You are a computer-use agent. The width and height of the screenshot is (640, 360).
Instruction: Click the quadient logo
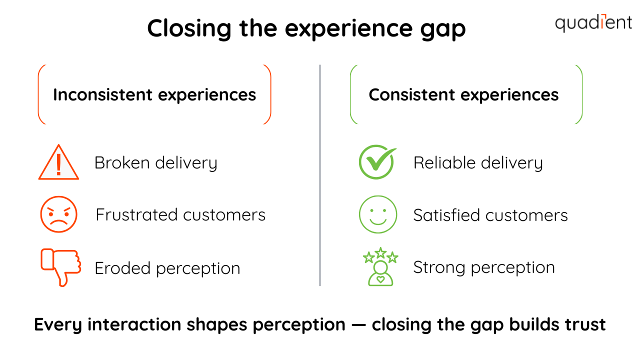coord(593,22)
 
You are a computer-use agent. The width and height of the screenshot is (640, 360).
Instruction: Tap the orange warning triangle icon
coord(58,163)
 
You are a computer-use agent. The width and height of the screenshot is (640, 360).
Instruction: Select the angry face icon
coord(58,214)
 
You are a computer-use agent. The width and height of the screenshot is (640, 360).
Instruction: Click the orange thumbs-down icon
coord(60,267)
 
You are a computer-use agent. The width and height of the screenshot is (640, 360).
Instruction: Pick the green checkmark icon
coord(377,162)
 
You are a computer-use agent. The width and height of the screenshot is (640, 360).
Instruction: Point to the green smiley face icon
coord(378,214)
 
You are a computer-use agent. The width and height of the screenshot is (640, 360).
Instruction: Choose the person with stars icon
coord(380,267)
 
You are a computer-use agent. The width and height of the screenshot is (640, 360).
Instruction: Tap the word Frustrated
coord(136,215)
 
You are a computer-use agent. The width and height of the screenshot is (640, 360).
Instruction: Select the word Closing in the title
coord(189,28)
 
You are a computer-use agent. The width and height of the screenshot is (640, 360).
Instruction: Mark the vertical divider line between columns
coord(320,175)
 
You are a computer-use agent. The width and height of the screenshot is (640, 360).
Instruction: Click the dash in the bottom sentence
coord(358,325)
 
